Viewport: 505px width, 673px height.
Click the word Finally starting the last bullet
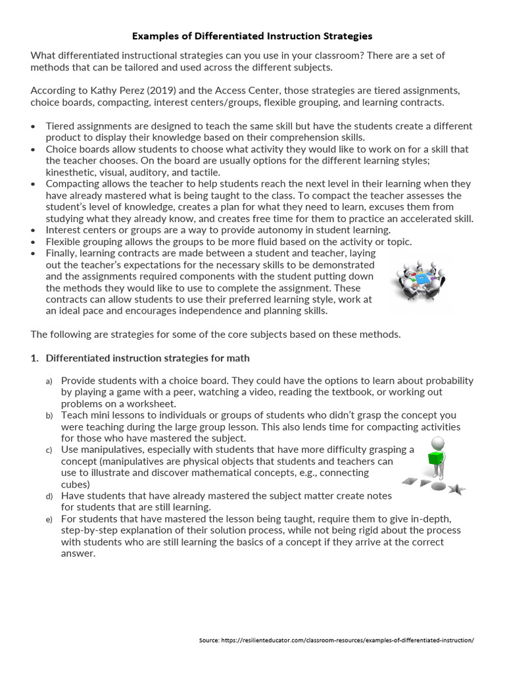(x=62, y=252)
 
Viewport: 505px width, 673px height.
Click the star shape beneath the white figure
(x=457, y=488)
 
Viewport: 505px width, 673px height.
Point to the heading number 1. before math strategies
(x=36, y=358)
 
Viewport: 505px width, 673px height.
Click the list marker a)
(x=49, y=381)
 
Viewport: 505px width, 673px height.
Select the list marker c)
(x=49, y=450)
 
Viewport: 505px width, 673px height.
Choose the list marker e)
(x=49, y=519)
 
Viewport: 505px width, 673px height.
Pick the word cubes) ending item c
(x=76, y=484)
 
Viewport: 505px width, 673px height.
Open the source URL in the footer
(x=336, y=640)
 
